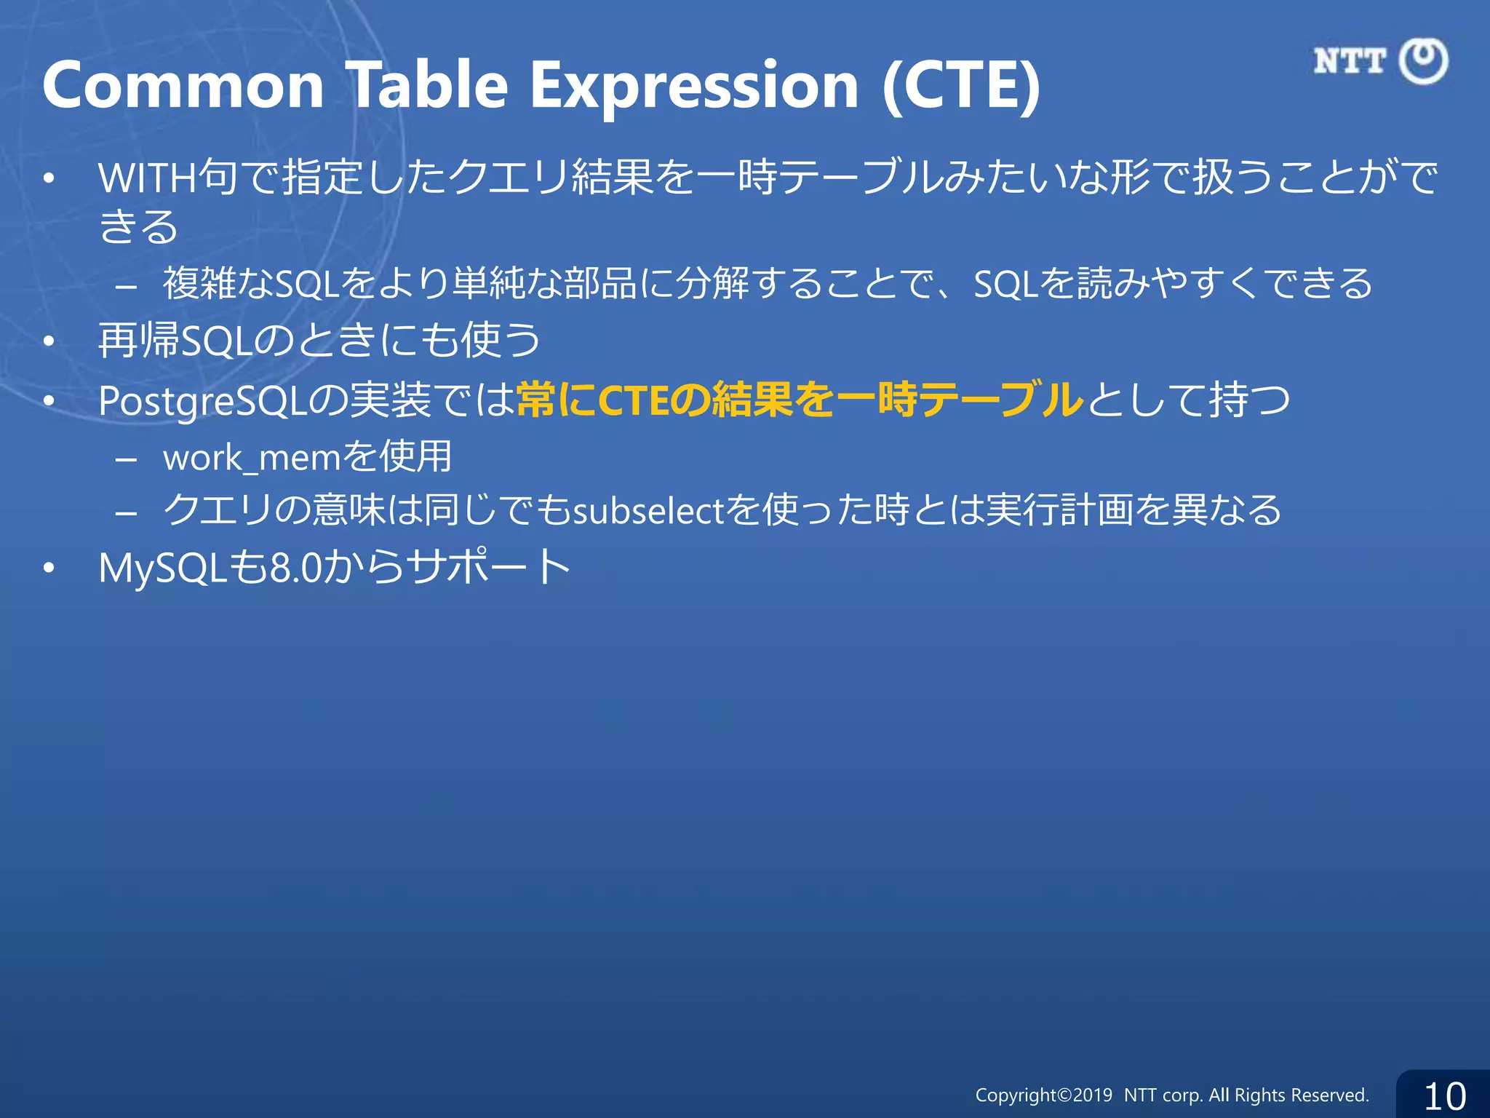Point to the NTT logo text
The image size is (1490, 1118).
tap(1350, 61)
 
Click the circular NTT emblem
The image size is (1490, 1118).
tap(1424, 61)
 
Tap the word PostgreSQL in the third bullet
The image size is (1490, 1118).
tap(202, 401)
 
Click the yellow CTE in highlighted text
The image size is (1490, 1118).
tap(634, 401)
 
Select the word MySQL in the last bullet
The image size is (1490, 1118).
tap(163, 568)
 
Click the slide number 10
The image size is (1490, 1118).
tap(1444, 1096)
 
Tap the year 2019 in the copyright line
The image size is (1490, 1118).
tap(1093, 1095)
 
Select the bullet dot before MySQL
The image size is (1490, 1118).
tap(49, 568)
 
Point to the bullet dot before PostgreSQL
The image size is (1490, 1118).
tap(49, 401)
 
